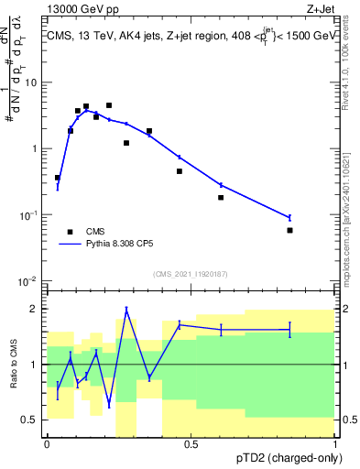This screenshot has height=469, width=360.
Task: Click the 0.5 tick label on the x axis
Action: (191, 443)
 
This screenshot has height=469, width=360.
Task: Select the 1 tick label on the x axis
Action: (334, 443)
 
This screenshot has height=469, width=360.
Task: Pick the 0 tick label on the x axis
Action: (47, 443)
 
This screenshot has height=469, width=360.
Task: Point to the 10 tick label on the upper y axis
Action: (31, 82)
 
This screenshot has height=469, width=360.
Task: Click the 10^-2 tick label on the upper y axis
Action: (28, 280)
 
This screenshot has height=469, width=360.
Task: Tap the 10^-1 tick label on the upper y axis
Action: (28, 214)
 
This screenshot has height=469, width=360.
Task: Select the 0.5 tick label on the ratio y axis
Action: (31, 420)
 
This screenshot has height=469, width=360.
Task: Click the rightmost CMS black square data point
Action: (289, 230)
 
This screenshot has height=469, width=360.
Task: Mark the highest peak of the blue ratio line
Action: (126, 309)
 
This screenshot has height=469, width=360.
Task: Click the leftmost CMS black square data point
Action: (58, 178)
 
